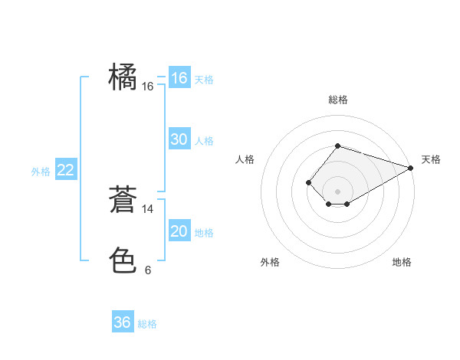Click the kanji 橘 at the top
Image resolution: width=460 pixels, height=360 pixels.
123,78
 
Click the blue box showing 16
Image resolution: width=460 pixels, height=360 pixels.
179,78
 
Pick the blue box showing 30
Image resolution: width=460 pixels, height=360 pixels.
179,139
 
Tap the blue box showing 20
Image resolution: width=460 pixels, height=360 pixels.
179,231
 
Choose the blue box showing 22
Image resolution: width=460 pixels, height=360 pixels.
66,170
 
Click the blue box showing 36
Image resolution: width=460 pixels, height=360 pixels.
123,322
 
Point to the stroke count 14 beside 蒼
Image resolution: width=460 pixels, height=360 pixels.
148,208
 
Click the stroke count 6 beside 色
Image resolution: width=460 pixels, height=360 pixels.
148,270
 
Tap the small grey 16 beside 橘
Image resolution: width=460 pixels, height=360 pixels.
148,87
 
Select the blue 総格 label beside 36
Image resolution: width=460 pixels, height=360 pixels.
147,324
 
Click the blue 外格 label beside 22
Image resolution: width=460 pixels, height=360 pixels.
41,172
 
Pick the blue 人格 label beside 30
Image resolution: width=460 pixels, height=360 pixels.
204,141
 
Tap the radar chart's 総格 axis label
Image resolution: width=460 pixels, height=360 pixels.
337,100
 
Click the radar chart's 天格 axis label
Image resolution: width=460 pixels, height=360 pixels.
431,159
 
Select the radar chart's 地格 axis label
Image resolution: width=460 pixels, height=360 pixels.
402,263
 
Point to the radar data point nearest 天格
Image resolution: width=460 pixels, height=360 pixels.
411,168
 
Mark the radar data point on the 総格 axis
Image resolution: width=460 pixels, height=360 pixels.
337,146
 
